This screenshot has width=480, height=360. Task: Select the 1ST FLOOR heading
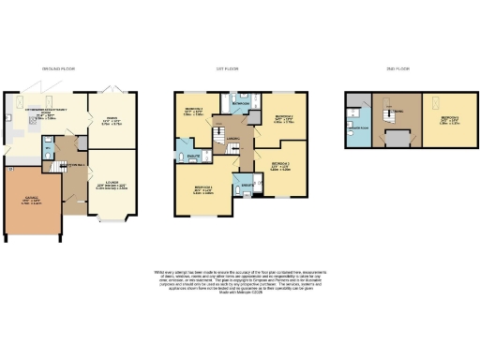coord(230,69)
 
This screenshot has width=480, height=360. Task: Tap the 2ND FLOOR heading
coord(399,69)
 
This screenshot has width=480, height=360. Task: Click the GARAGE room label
coord(29,200)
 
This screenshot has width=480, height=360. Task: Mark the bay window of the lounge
coord(111,222)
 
